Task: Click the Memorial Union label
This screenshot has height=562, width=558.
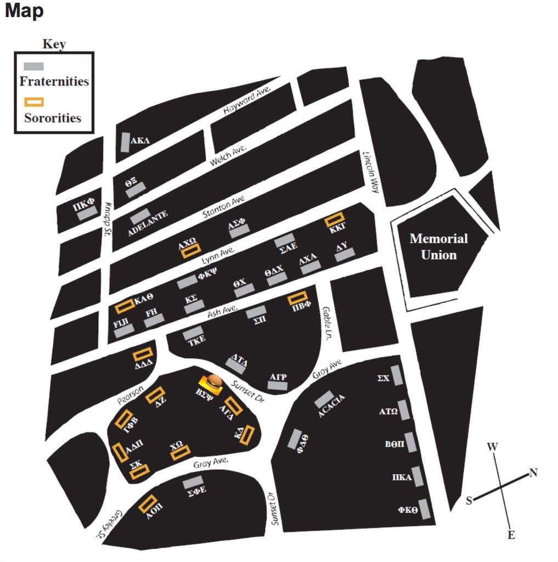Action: click(438, 246)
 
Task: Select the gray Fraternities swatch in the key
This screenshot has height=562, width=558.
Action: click(33, 66)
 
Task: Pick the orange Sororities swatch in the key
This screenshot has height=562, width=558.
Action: click(33, 102)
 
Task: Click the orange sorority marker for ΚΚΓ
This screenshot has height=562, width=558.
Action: click(334, 220)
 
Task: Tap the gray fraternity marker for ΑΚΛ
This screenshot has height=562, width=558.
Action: click(126, 142)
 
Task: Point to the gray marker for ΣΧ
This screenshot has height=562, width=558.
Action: click(396, 376)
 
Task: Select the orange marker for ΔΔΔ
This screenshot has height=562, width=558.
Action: click(143, 355)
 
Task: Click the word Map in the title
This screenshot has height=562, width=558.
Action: click(24, 10)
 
